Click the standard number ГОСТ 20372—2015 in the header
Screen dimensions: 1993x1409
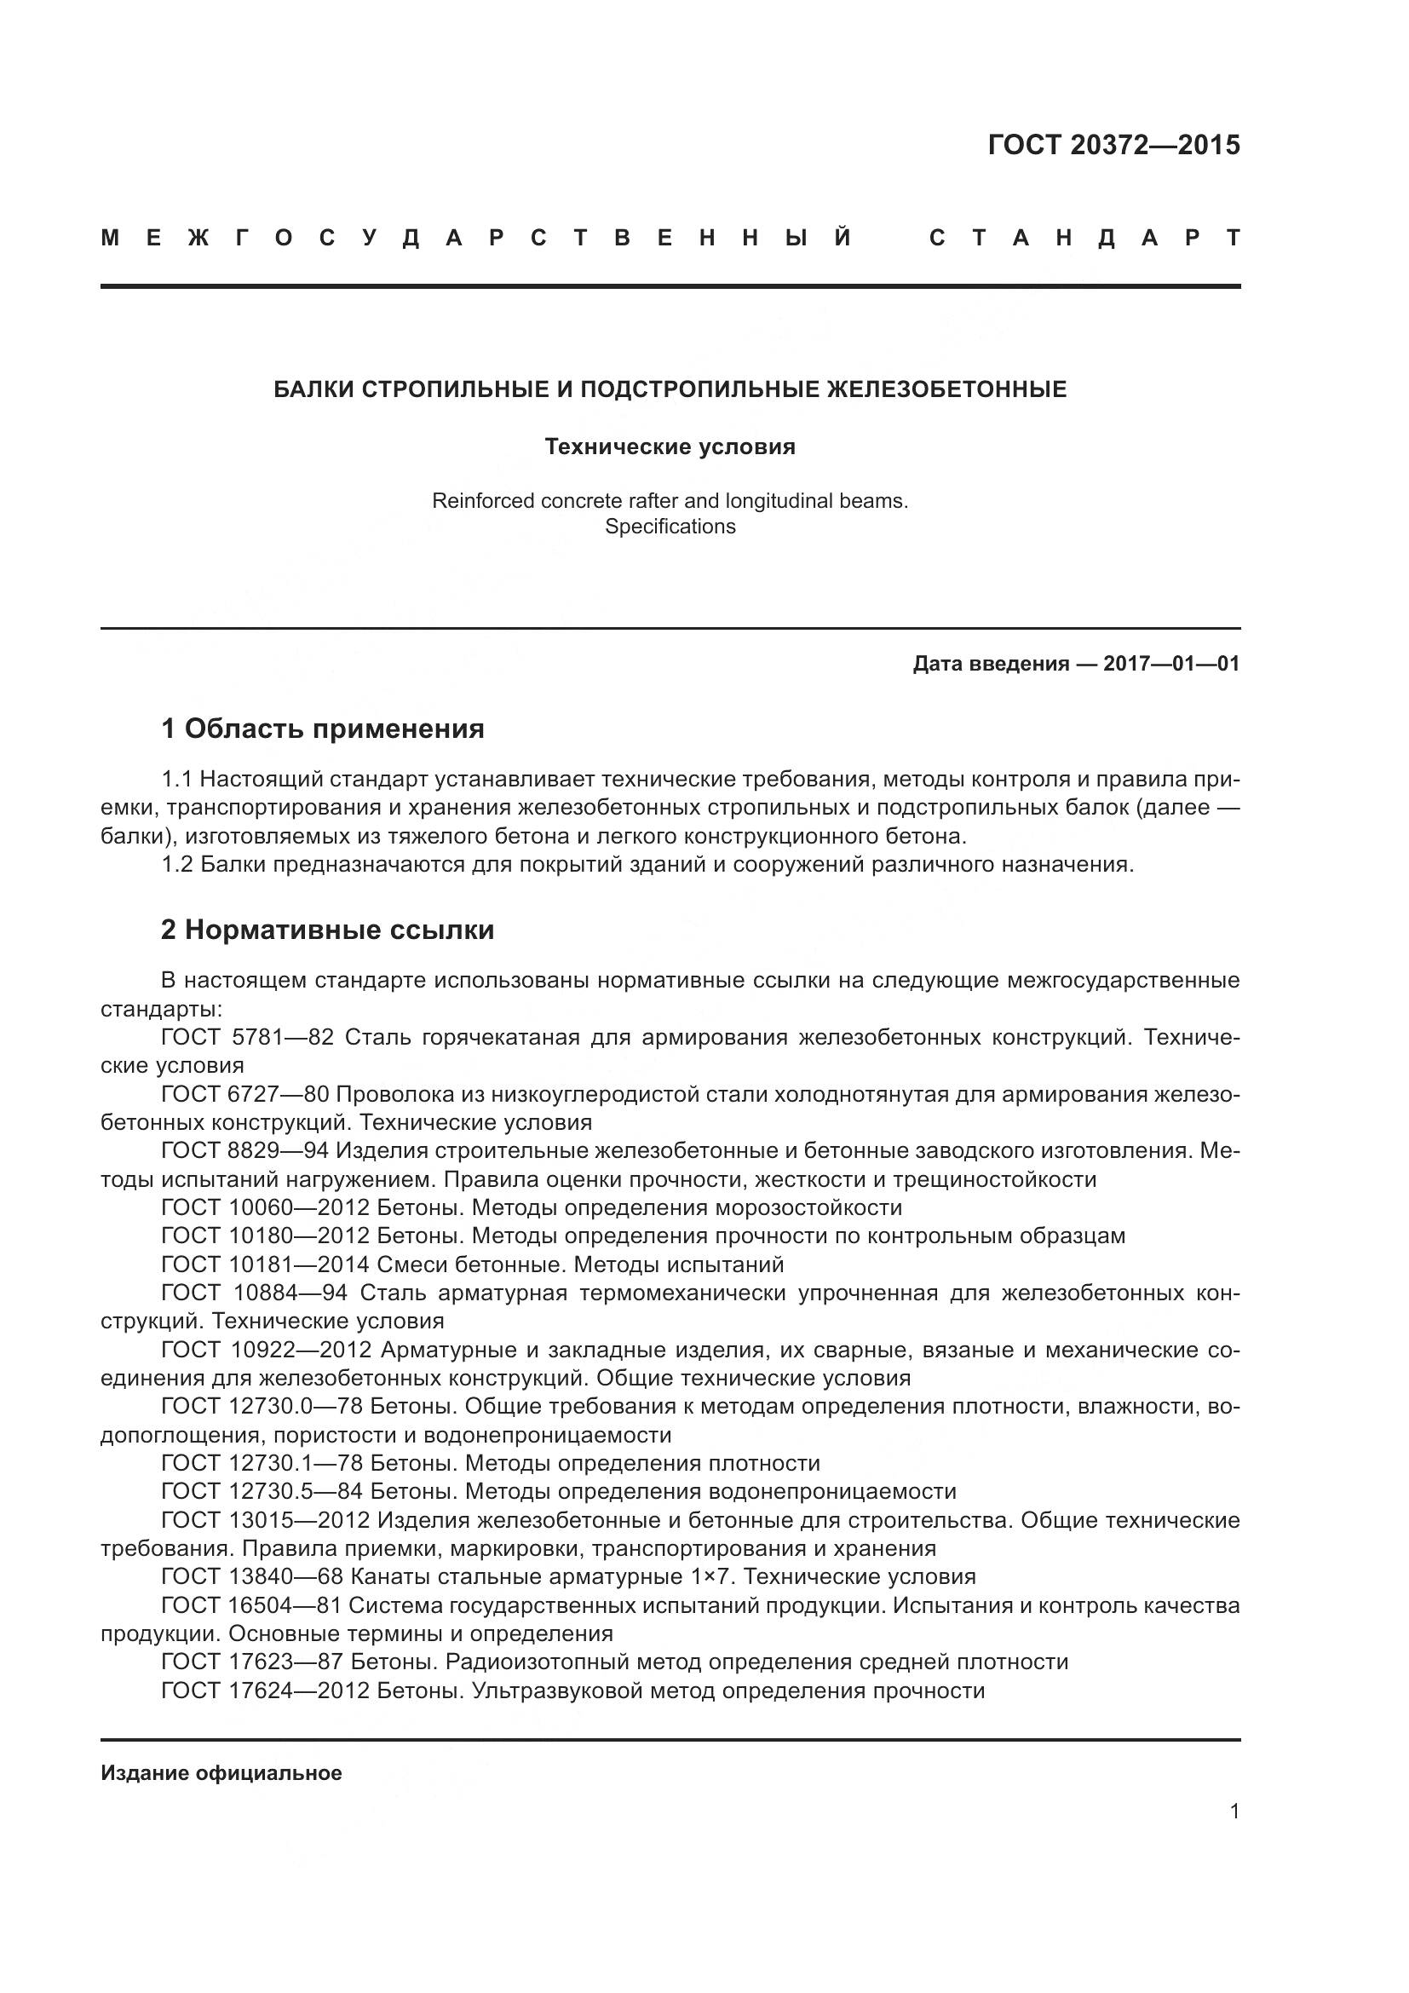click(x=1113, y=145)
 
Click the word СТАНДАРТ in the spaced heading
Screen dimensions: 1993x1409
click(x=1084, y=238)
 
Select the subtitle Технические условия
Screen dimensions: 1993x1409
click(x=670, y=447)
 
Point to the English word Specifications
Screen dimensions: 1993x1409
click(x=670, y=527)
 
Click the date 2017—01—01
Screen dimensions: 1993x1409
click(x=1171, y=664)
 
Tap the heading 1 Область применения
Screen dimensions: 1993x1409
click(x=323, y=729)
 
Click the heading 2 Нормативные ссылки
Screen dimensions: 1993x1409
click(x=327, y=930)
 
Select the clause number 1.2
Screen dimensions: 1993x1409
click(x=177, y=865)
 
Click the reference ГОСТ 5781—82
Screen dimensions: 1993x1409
click(x=247, y=1037)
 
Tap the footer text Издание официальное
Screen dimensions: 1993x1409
click(x=221, y=1773)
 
